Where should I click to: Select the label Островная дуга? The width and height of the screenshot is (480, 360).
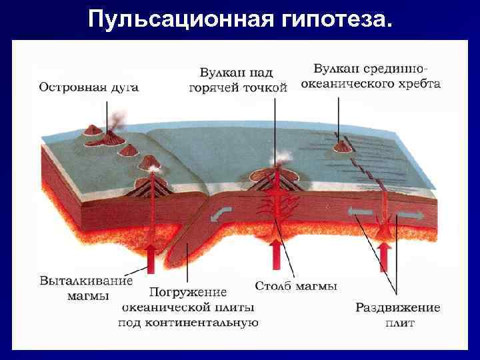(89, 87)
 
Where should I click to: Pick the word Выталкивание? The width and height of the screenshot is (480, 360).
(87, 281)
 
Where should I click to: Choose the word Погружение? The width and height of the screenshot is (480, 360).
(187, 293)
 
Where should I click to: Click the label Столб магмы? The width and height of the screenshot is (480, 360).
(296, 287)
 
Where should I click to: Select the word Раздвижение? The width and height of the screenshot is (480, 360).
(397, 308)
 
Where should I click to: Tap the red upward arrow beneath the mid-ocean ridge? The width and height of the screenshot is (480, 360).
(384, 255)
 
